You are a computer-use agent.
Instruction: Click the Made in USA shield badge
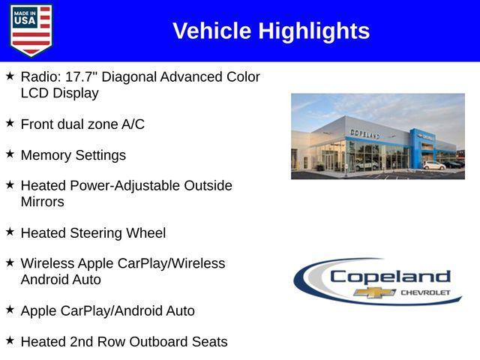[x=31, y=31]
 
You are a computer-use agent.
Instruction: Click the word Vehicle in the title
[x=212, y=31]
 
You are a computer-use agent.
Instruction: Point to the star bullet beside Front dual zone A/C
[x=10, y=122]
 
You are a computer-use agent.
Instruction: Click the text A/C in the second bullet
[x=133, y=124]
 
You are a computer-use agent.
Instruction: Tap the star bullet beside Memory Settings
[x=10, y=153]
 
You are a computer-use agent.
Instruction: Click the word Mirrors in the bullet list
[x=43, y=202]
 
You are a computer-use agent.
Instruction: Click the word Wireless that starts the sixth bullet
[x=48, y=263]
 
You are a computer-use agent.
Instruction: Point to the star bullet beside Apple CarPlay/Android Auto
[x=10, y=308]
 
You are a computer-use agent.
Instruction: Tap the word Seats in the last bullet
[x=208, y=341]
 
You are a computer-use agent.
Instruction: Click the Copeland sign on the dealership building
[x=364, y=133]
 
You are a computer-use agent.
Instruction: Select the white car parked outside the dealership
[x=433, y=165]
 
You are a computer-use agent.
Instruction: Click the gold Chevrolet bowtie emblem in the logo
[x=375, y=292]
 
